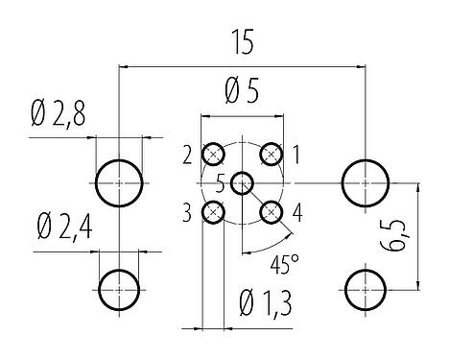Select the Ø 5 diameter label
point(242,94)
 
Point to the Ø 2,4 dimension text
point(62,229)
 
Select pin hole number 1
point(272,153)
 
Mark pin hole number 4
point(272,211)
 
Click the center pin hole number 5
point(243,181)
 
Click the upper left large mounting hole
point(119,180)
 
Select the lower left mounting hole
point(119,285)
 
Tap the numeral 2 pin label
point(189,153)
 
